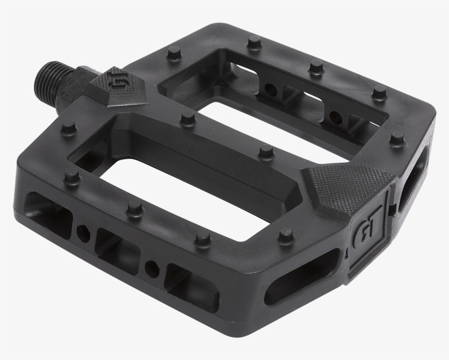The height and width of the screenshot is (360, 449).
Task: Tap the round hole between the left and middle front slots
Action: pyautogui.click(x=83, y=233)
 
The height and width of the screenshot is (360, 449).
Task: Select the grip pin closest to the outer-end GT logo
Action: pyautogui.click(x=285, y=236)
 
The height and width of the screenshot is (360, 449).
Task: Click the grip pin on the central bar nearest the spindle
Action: pyautogui.click(x=188, y=119)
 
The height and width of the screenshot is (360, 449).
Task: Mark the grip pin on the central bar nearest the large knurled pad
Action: pyautogui.click(x=266, y=150)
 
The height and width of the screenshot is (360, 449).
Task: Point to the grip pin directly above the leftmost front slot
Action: pyautogui.click(x=71, y=175)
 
